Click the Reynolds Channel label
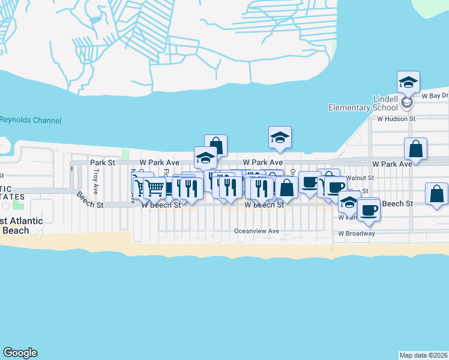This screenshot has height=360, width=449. (x=31, y=120)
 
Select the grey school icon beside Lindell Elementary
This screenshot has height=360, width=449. (x=407, y=103)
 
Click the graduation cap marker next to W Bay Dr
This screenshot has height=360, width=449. (x=408, y=82)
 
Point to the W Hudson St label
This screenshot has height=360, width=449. (x=396, y=119)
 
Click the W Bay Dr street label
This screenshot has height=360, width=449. (x=435, y=95)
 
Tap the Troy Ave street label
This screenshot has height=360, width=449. (x=95, y=177)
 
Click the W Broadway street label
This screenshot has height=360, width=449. (x=357, y=233)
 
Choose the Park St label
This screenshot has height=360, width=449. (x=102, y=163)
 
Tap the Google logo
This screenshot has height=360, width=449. (x=20, y=353)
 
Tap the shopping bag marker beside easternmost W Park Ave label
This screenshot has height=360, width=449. (x=415, y=149)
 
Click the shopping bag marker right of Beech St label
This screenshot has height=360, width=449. (x=436, y=194)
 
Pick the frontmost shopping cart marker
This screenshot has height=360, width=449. (x=155, y=188)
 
